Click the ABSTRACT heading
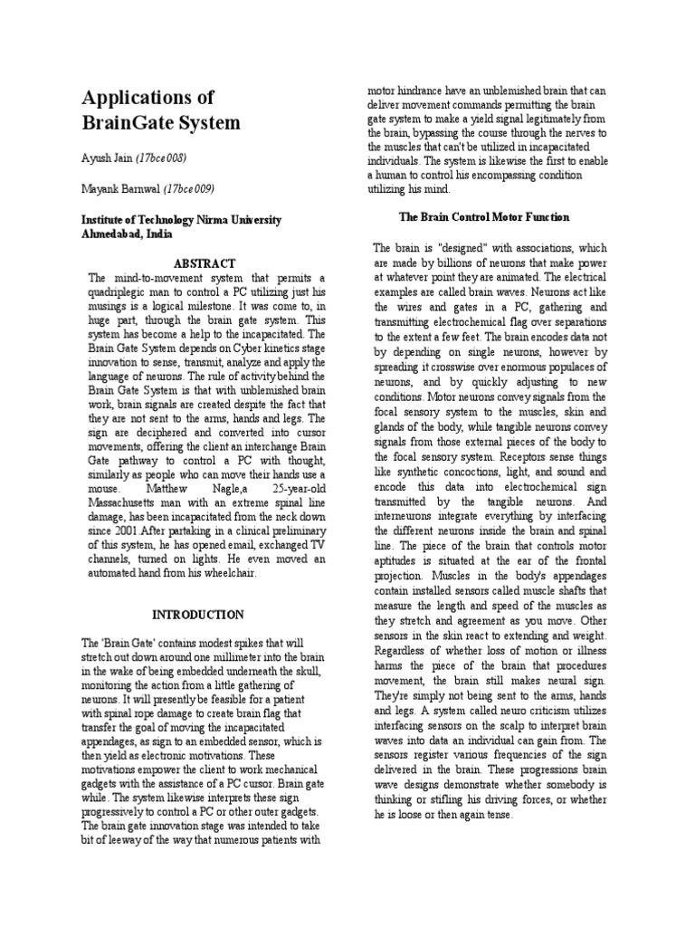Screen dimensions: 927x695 (205, 263)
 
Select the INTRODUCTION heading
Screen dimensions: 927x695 (198, 615)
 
